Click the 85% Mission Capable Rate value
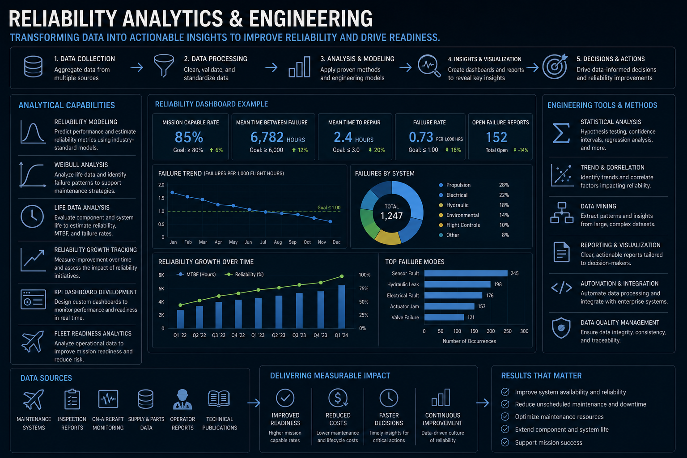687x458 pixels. [189, 137]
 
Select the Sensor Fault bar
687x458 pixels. [466, 273]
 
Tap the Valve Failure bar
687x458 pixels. [444, 317]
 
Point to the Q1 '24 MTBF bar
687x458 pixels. [342, 307]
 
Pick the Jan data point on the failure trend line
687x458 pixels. [172, 192]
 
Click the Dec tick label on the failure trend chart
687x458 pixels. [336, 242]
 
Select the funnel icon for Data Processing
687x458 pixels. [164, 65]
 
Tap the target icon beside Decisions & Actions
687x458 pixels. [555, 66]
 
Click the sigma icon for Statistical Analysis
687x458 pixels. [561, 133]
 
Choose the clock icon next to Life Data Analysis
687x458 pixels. [32, 216]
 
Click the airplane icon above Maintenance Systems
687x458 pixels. [34, 399]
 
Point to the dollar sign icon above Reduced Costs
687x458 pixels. [338, 398]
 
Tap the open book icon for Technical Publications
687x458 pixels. [219, 399]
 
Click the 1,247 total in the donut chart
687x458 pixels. [392, 216]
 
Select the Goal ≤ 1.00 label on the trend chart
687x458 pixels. [329, 208]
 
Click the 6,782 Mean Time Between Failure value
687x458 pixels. [267, 137]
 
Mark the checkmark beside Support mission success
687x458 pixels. [505, 442]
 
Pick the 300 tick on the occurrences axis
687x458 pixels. [524, 331]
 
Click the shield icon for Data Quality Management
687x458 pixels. [561, 328]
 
